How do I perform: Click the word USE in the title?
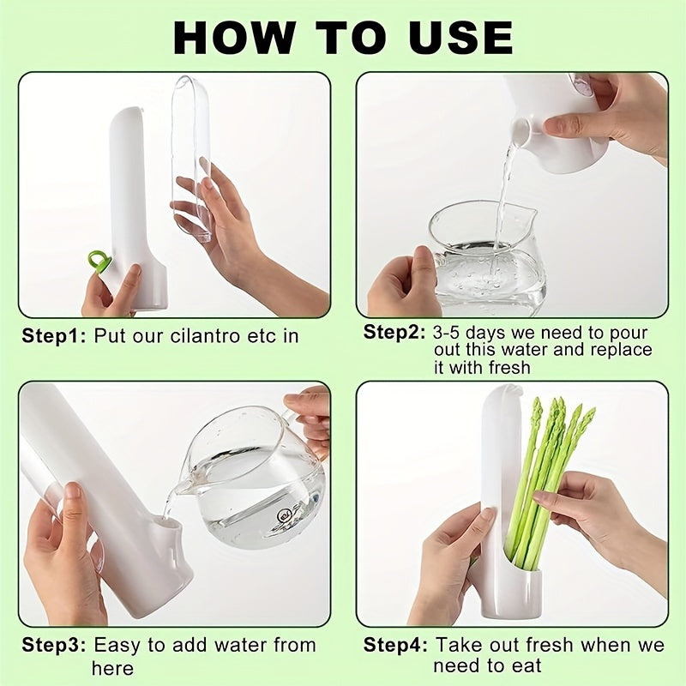[x=454, y=37]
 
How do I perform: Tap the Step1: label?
[x=54, y=335]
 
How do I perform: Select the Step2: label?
[x=395, y=332]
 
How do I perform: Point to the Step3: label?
[x=54, y=645]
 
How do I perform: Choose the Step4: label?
[x=395, y=645]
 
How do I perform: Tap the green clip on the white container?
[x=99, y=261]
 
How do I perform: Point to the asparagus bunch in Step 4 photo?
[x=549, y=480]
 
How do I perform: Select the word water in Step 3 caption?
[x=235, y=645]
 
